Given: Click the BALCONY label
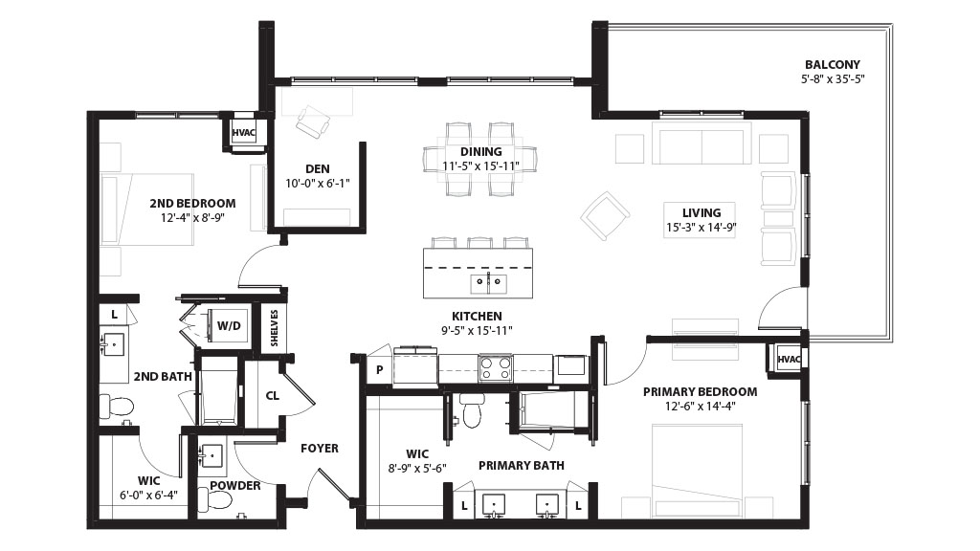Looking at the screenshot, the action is coord(832,64).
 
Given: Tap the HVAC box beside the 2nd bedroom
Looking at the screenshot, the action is coord(244,133).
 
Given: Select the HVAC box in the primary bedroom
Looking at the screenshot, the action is coord(789,360).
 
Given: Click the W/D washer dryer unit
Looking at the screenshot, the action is coord(229,326).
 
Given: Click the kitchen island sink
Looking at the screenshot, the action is coord(488,283).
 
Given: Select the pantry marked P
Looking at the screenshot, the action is coord(379,370).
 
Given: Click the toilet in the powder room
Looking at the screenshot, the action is coord(214,499).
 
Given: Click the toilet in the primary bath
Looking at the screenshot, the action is coord(471,409).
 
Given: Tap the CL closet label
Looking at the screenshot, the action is coord(273,396).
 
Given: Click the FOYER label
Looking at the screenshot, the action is coord(320,449).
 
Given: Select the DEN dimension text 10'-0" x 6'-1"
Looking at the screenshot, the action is coord(318,184).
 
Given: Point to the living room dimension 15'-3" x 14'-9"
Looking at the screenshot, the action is coord(702,228).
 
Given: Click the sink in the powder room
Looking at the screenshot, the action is coord(212,455).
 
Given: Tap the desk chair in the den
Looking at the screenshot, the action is coord(313,121).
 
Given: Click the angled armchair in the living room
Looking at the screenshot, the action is coord(605,216).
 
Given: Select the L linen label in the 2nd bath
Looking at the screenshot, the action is coord(115,315).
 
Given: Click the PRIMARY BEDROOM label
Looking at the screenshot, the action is coord(700,391).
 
